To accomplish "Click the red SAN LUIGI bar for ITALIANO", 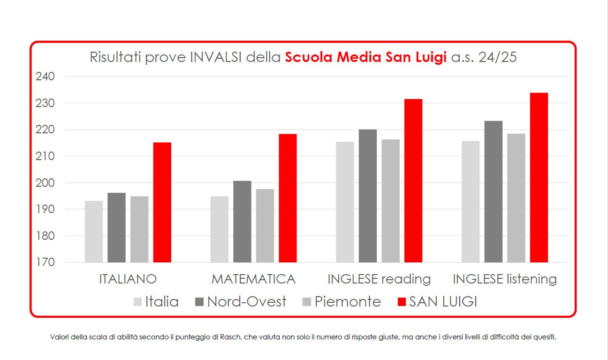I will point(162,202).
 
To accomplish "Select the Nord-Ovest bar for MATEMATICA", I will point(242,222).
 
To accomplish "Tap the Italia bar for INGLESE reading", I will point(345,202).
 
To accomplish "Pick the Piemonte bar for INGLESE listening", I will point(516,198).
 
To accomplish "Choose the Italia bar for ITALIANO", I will point(94,231).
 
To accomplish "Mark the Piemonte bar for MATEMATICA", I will point(265,226).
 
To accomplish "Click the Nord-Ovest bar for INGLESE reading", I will point(368,196).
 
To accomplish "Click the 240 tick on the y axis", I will point(45,77).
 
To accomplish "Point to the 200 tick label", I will point(45,183).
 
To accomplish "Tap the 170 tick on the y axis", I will point(45,263).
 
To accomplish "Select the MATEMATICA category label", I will point(253,279).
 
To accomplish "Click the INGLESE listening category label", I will point(505,279).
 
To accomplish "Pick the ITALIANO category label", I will point(128,279).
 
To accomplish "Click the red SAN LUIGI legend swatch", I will point(402,302).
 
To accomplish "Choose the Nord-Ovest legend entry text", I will point(247,302).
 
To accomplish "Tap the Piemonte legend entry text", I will point(348,302).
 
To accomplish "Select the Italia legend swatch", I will point(137,302).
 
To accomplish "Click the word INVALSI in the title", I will point(216,58).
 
